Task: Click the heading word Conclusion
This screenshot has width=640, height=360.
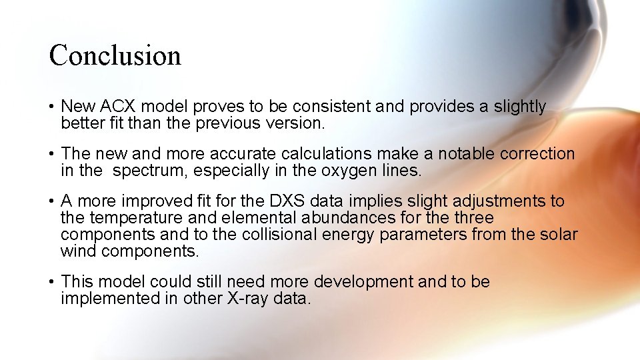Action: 115,55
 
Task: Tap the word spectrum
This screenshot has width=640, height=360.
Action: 150,171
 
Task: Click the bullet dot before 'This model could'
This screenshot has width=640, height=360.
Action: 51,282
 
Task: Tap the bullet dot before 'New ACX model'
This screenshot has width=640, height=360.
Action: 51,107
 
